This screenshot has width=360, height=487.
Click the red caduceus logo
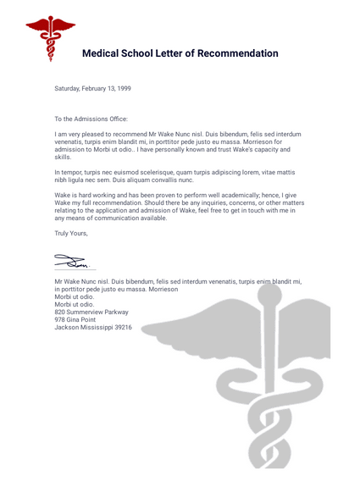50,40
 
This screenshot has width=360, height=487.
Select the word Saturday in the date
69,88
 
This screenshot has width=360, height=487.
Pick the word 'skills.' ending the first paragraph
64,157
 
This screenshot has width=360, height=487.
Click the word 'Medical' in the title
105,54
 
